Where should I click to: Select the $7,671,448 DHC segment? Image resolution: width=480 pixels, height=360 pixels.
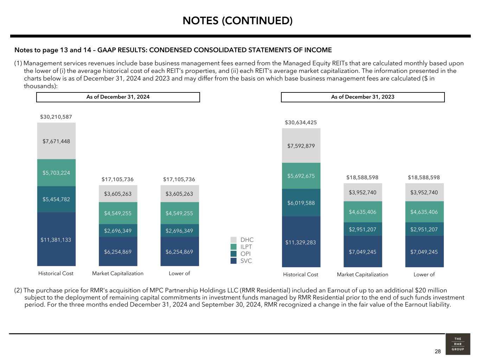pos(56,141)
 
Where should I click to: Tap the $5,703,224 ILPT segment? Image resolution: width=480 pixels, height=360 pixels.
pos(56,173)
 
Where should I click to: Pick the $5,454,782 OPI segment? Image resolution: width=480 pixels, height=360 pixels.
pos(56,199)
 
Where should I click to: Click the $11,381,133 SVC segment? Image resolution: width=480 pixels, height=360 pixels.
pos(56,240)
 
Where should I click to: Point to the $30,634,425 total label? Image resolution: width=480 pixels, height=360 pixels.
pos(301,123)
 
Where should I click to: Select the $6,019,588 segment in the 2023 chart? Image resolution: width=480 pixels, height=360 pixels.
pos(301,203)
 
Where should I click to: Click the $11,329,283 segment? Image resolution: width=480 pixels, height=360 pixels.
pos(301,242)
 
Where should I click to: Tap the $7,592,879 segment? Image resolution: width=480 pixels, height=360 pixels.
pos(301,146)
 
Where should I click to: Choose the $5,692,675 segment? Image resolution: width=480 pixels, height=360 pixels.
pos(301,176)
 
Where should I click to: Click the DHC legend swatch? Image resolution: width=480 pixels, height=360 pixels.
pos(233,240)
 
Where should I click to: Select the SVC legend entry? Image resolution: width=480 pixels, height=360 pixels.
pos(246,261)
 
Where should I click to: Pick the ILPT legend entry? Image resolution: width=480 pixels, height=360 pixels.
pos(246,247)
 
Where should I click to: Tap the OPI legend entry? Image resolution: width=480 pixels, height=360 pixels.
pos(245,254)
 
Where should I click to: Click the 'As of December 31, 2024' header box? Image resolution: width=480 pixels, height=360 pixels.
pos(118,97)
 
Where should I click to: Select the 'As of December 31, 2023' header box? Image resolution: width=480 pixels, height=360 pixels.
pos(363,97)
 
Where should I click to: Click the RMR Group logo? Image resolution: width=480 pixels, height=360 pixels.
pos(457,344)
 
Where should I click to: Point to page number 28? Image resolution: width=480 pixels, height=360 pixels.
pos(437,352)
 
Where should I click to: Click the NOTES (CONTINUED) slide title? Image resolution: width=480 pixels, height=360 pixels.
pos(237,21)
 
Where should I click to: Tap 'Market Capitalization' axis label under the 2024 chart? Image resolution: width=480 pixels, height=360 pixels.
pos(118,274)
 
